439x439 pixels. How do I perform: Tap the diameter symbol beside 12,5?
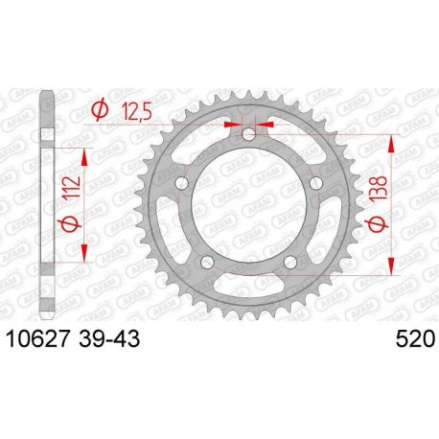point(99,111)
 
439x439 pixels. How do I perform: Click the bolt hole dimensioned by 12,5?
point(249,134)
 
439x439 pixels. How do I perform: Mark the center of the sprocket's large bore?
point(249,204)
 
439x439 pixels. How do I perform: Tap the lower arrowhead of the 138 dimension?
point(391,270)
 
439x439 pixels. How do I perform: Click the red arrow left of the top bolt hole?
point(231,124)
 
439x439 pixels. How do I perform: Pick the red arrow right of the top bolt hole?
point(267,124)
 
